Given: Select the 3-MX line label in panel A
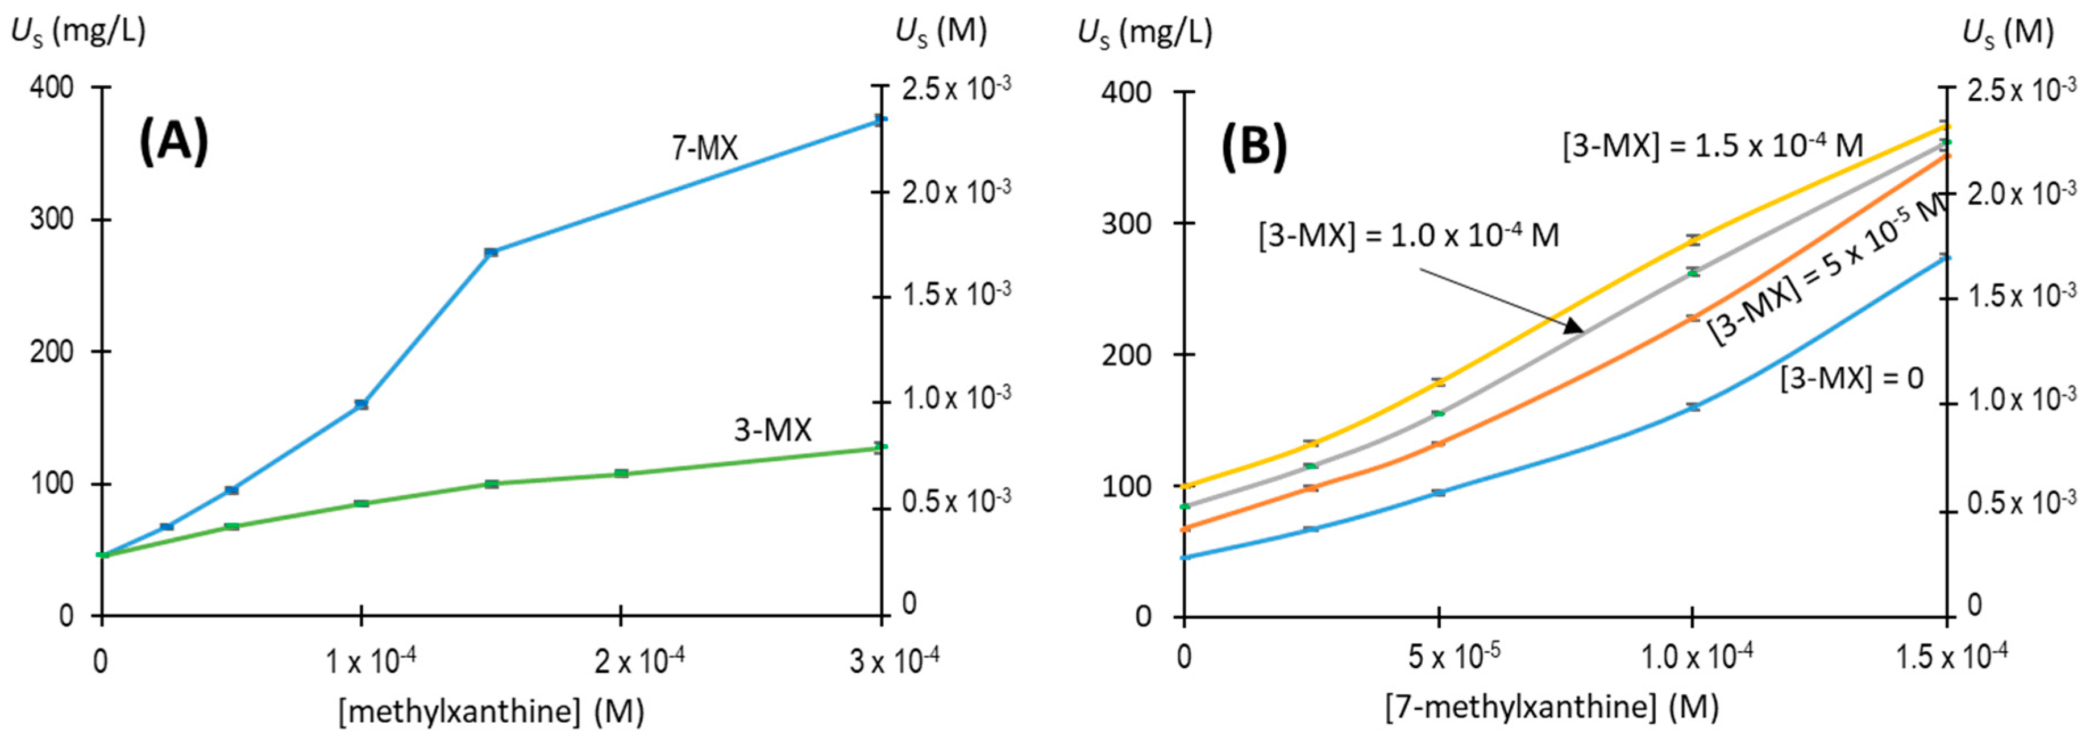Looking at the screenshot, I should (x=772, y=430).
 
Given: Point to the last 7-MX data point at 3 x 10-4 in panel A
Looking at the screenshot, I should (x=880, y=119).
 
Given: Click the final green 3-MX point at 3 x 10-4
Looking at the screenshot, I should (x=880, y=447).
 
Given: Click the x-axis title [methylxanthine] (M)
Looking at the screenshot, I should (x=491, y=711).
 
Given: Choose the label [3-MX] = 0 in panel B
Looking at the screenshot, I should (x=1851, y=378).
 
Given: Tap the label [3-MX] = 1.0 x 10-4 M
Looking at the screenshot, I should (x=1408, y=236).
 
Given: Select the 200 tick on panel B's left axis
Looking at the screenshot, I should (x=1132, y=355).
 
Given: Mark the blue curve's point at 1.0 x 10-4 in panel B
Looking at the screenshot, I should (x=1692, y=407).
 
